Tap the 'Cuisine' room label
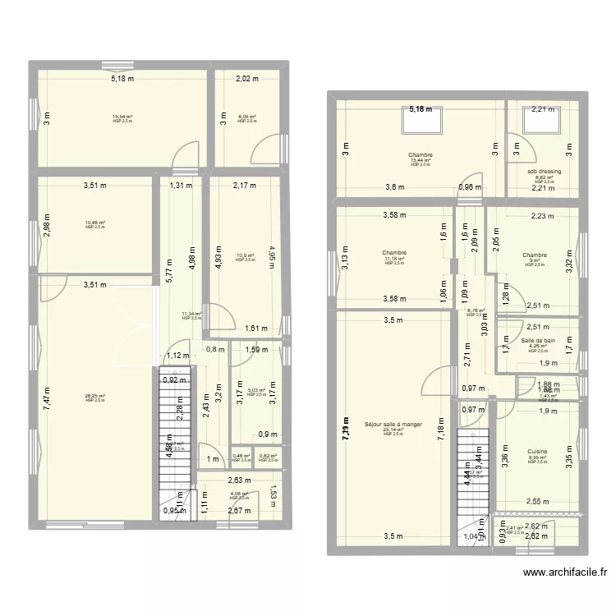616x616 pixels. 538,450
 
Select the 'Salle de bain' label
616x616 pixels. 538,340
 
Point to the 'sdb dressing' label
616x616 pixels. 545,172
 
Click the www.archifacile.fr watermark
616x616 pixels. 565,573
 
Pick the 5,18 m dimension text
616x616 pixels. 123,79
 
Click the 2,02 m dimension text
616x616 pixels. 247,79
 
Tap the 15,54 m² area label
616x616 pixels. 122,117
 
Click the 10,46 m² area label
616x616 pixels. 94,223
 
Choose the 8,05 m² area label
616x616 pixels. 247,117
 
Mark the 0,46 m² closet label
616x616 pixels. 241,457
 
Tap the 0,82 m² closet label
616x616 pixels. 268,457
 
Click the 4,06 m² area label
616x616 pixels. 239,494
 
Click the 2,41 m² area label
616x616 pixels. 514,528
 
